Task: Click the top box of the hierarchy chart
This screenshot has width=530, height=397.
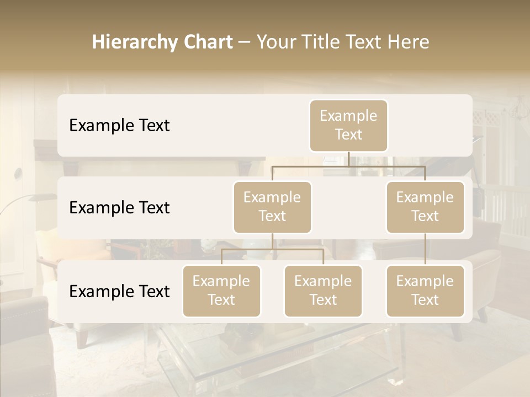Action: click(x=348, y=125)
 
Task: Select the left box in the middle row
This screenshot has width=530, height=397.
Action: click(x=272, y=207)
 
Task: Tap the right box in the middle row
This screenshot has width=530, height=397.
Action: click(x=425, y=207)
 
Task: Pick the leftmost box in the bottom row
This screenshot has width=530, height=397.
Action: click(x=221, y=291)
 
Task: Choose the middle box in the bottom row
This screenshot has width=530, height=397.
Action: click(x=323, y=291)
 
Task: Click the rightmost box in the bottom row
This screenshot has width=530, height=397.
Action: click(x=425, y=291)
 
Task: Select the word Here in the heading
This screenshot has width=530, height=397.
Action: click(x=409, y=42)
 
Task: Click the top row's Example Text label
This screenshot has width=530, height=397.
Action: click(x=119, y=126)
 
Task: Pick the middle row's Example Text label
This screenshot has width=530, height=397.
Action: click(x=119, y=208)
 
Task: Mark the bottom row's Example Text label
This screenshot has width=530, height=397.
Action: click(x=119, y=292)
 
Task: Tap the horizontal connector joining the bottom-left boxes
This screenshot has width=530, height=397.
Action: click(x=272, y=249)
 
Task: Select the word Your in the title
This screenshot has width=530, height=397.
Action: click(x=275, y=42)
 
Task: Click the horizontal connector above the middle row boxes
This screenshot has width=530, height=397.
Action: click(x=348, y=166)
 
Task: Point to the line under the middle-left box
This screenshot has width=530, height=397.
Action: click(x=272, y=241)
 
